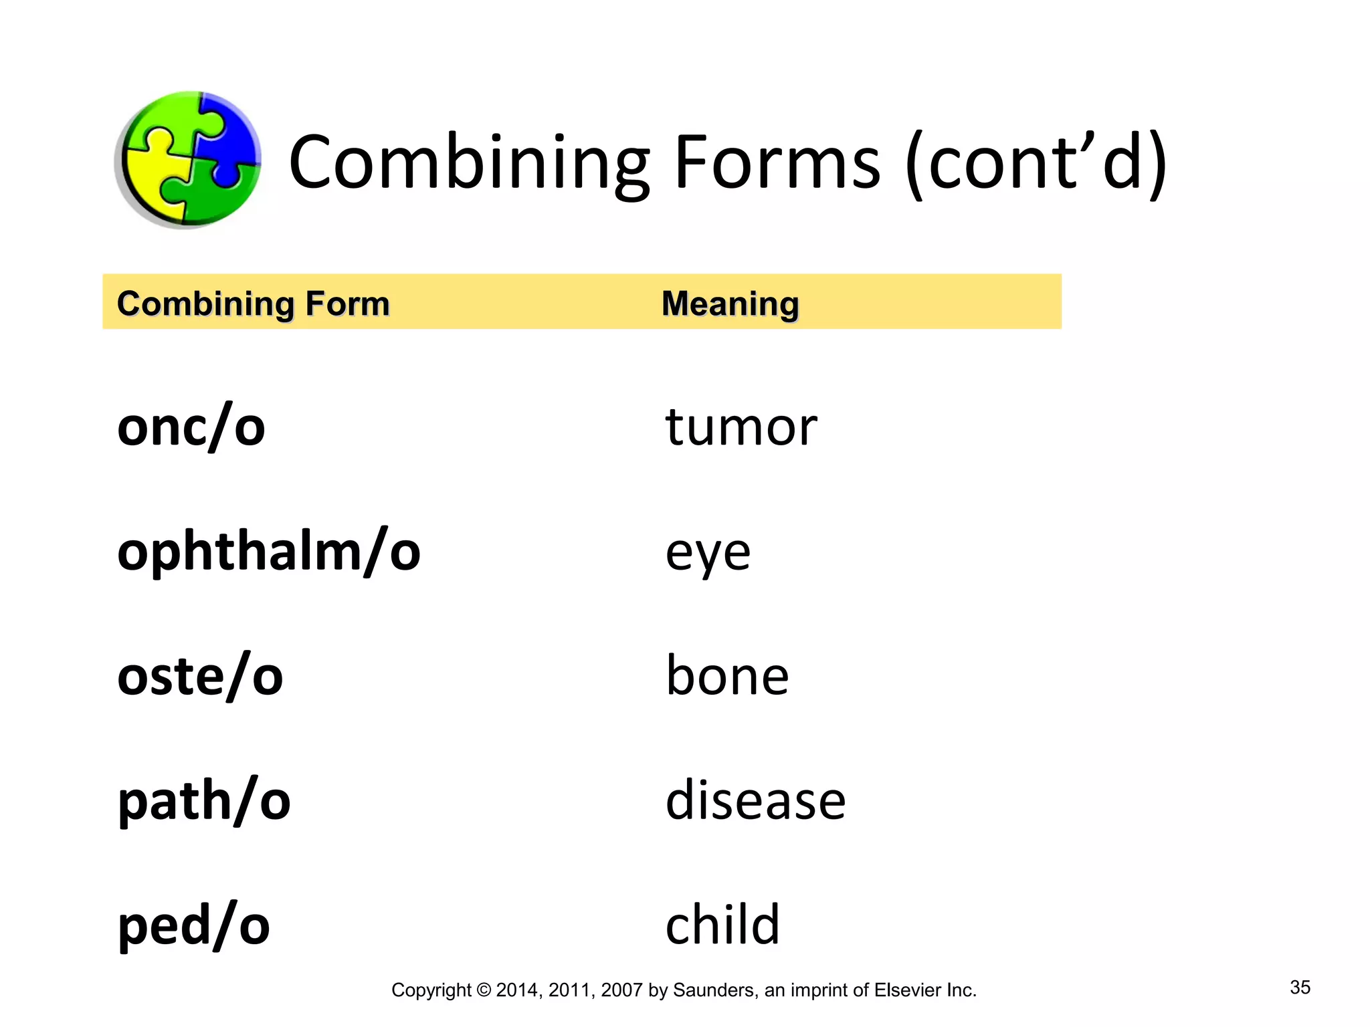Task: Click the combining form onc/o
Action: (191, 427)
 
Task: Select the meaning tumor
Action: (741, 427)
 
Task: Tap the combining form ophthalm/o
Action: (268, 552)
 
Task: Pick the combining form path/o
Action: (204, 801)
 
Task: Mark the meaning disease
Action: (755, 801)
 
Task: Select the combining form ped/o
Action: (193, 926)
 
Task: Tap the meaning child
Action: (722, 925)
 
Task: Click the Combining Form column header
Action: (253, 304)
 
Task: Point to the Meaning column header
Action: (730, 304)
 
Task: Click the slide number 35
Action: (1300, 988)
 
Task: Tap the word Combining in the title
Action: (468, 164)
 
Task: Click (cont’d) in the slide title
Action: (1036, 164)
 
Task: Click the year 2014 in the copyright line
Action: (517, 990)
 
